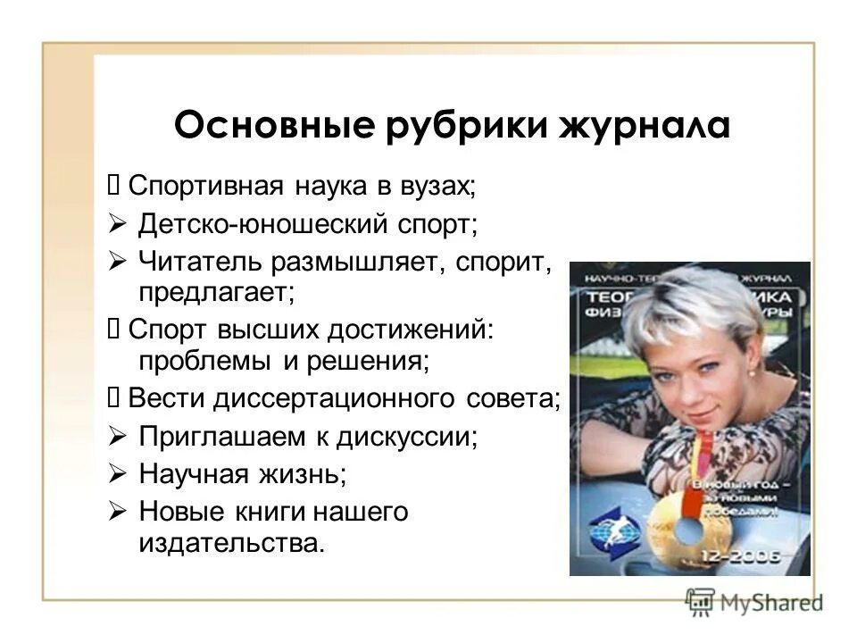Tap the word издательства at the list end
click(228, 541)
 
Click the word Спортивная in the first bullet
click(206, 187)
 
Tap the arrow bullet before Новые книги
click(117, 512)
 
